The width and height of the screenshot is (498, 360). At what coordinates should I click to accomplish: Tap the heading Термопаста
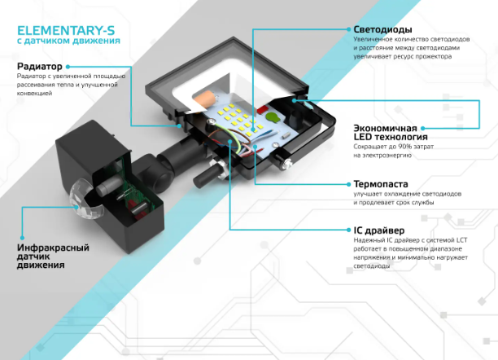point(381,184)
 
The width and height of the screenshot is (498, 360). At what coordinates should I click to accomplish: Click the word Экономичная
point(385,128)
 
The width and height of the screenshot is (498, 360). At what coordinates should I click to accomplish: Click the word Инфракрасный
point(53,248)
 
